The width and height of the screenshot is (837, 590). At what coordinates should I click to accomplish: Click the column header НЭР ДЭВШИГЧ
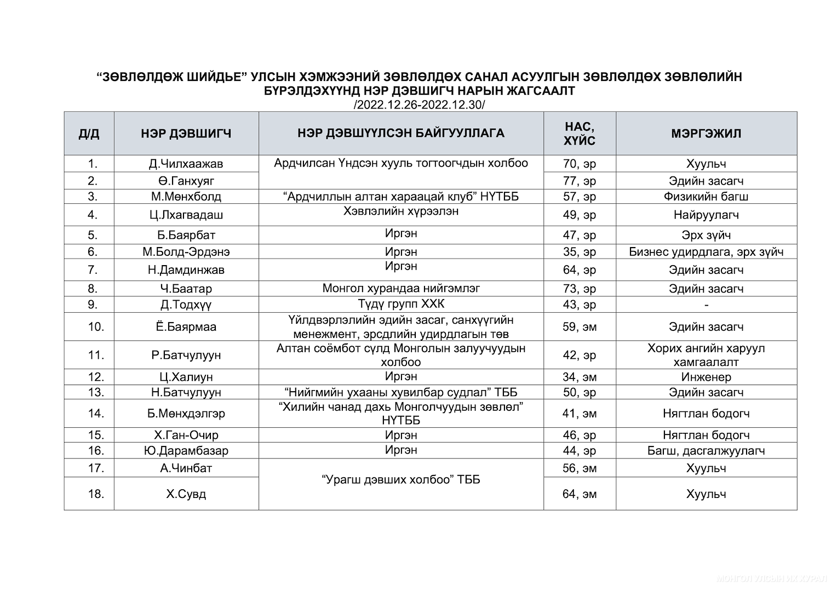point(186,133)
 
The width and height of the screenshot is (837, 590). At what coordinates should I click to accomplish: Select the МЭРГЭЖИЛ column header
point(706,133)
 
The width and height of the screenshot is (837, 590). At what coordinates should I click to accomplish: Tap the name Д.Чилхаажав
point(186,164)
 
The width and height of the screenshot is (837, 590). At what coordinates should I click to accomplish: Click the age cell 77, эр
point(579,181)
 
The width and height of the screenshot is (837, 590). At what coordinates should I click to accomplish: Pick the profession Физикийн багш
point(706,196)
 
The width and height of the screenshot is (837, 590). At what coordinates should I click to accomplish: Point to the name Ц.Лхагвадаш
point(186,215)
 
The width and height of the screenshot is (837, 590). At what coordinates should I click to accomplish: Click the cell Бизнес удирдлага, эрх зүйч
point(706,252)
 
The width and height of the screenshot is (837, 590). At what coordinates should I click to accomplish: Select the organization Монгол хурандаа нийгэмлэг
point(401,288)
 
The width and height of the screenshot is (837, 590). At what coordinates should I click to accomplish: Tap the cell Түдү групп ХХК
point(401,304)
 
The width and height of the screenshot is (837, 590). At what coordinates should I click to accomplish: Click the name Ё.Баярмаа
point(186,327)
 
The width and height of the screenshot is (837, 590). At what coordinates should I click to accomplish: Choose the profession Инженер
point(706,377)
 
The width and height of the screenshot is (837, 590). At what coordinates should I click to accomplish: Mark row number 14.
point(96,413)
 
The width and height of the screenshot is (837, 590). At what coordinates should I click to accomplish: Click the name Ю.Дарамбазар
point(186,451)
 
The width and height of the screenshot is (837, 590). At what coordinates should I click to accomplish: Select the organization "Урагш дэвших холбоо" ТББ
point(401,480)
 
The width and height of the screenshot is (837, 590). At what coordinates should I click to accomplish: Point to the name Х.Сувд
point(186,494)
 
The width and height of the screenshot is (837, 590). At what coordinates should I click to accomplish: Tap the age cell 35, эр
point(579,252)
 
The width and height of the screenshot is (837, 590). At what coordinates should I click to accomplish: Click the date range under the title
point(419,105)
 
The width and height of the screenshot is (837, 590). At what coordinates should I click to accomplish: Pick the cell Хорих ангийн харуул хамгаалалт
point(706,355)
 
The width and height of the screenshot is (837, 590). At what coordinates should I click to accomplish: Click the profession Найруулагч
point(706,215)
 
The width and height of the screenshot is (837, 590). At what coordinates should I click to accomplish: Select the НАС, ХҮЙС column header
point(579,133)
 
